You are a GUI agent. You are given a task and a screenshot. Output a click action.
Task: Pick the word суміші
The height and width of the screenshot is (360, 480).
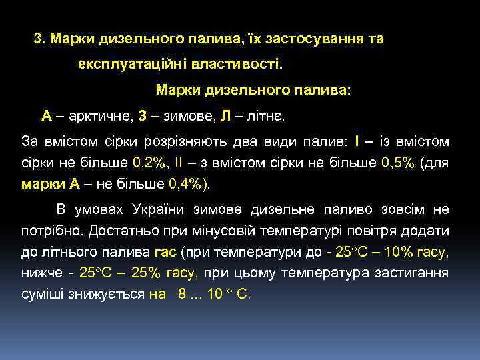pyautogui.click(x=42, y=294)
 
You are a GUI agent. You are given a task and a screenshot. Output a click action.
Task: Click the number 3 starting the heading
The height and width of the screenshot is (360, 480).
pyautogui.click(x=38, y=39)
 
